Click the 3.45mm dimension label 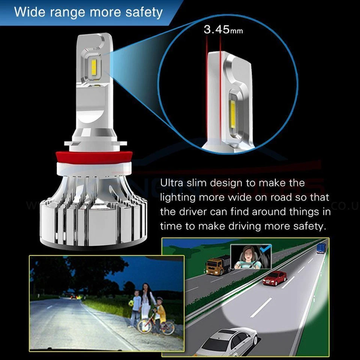[x=223, y=30]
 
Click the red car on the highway [x=274, y=278]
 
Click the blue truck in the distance [x=321, y=248]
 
